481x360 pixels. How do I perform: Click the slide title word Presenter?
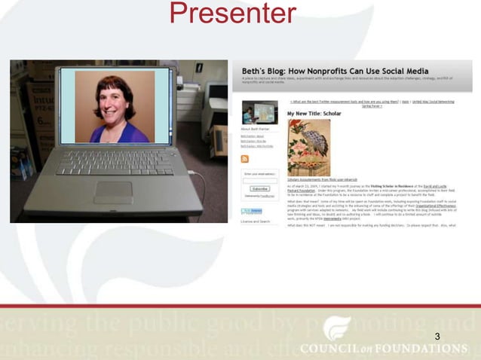point(233,14)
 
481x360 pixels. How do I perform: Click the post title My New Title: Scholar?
point(314,113)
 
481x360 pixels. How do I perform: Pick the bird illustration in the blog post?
point(308,148)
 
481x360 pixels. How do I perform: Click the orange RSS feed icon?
point(244,159)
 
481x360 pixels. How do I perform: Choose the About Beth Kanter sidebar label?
point(254,129)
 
